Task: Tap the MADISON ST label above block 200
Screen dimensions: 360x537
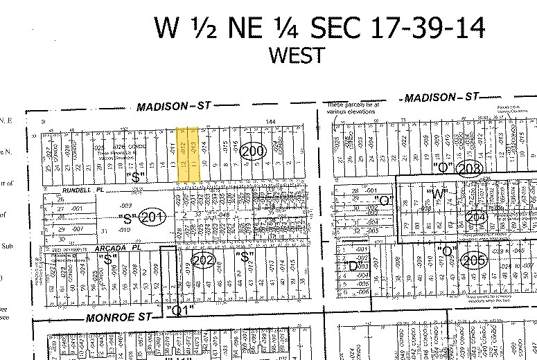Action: pos(173,106)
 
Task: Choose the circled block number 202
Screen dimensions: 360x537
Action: pos(202,261)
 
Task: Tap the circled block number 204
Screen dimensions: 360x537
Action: pos(477,217)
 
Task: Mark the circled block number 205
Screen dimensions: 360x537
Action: pos(475,261)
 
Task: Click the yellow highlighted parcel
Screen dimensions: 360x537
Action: pos(189,154)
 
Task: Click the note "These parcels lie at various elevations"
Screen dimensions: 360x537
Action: pos(353,107)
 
